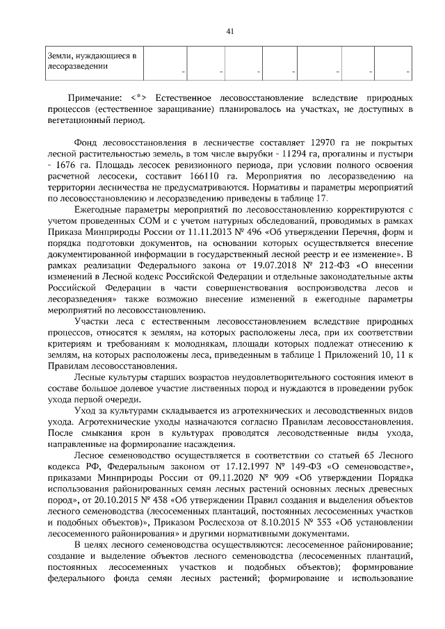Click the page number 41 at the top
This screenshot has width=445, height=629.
(x=230, y=31)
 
